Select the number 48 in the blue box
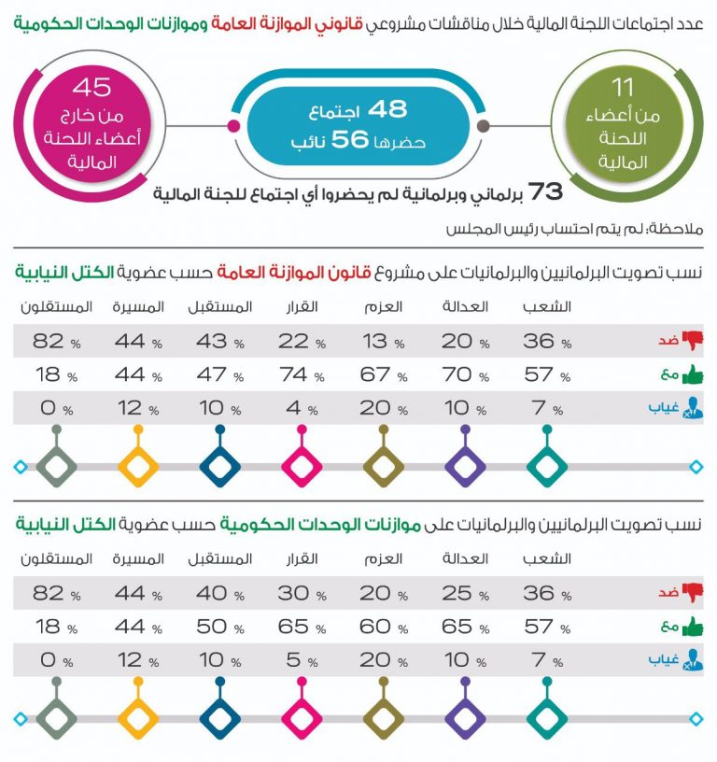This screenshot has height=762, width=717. [x=387, y=109]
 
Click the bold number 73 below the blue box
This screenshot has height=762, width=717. [x=545, y=191]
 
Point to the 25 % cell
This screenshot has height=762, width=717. [x=463, y=594]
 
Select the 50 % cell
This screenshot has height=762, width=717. [x=218, y=627]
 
